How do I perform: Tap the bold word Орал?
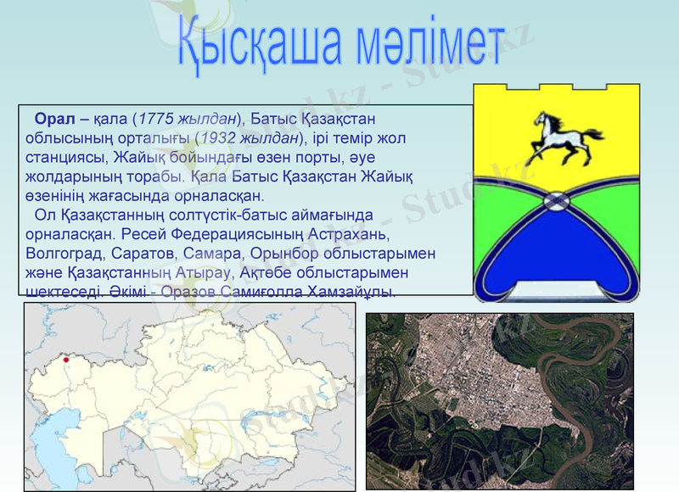point(50,118)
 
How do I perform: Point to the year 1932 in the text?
point(216,137)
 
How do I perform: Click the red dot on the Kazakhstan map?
point(66,360)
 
